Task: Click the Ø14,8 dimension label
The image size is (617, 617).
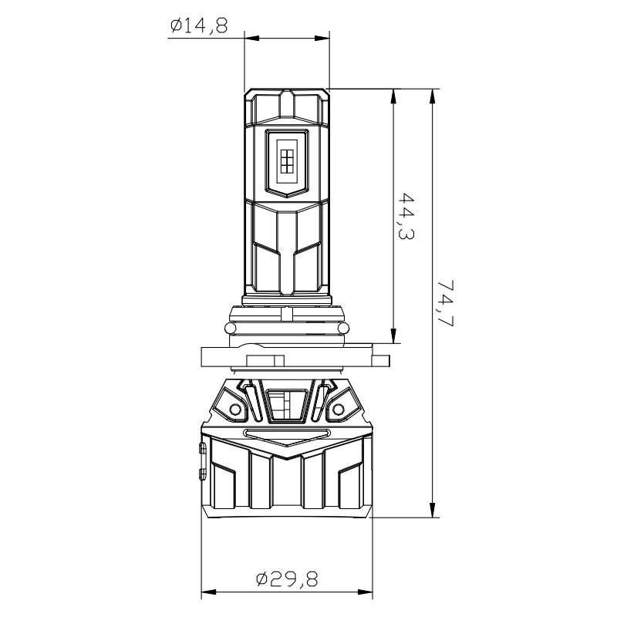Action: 199,26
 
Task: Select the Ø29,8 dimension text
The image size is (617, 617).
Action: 287,579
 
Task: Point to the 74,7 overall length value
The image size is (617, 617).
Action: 446,303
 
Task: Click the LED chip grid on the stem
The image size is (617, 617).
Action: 287,161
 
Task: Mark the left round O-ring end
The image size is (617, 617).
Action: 230,329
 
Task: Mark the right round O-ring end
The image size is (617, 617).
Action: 343,329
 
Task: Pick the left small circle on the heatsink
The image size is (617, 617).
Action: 235,410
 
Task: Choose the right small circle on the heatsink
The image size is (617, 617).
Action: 338,410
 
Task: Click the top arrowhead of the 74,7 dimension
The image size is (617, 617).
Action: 433,96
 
